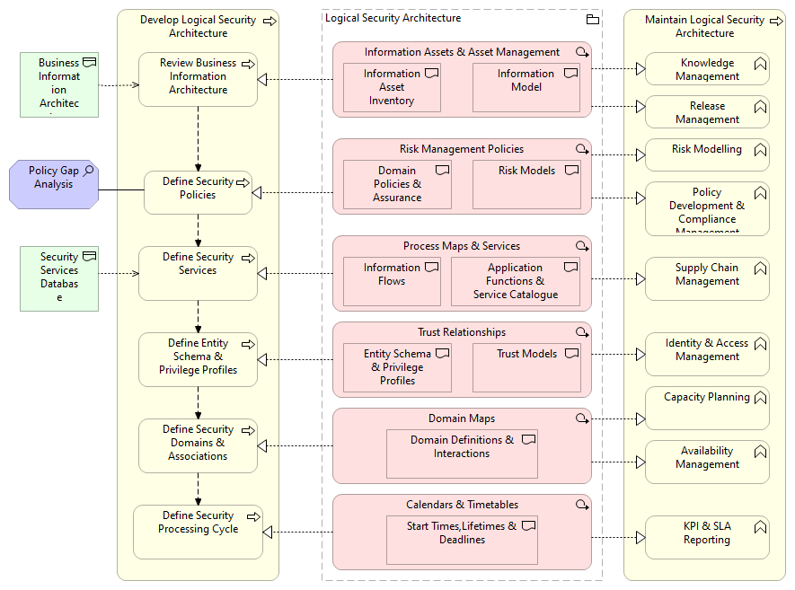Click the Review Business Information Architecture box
198,79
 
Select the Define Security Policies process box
198,192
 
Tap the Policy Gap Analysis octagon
53,184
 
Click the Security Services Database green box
59,279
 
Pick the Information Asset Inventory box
392,88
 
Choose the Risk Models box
526,184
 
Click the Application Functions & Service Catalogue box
515,281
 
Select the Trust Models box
526,367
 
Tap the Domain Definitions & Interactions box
462,454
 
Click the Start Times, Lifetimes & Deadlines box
462,540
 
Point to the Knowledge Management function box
707,69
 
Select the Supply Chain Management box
707,278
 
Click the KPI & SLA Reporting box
707,537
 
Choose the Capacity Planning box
707,409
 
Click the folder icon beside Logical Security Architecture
592,19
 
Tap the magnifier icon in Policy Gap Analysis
88,170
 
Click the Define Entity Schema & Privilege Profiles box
198,359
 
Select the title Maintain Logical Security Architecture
704,26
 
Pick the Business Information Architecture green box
59,85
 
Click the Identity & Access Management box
707,354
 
